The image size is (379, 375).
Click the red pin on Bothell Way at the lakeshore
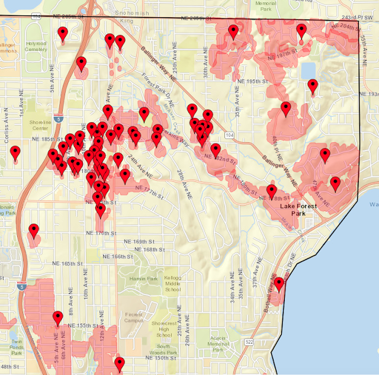(x=278, y=284)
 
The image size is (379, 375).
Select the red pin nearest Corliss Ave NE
(x=15, y=153)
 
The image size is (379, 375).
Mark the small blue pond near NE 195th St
(x=308, y=71)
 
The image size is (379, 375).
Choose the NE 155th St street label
(x=84, y=326)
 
